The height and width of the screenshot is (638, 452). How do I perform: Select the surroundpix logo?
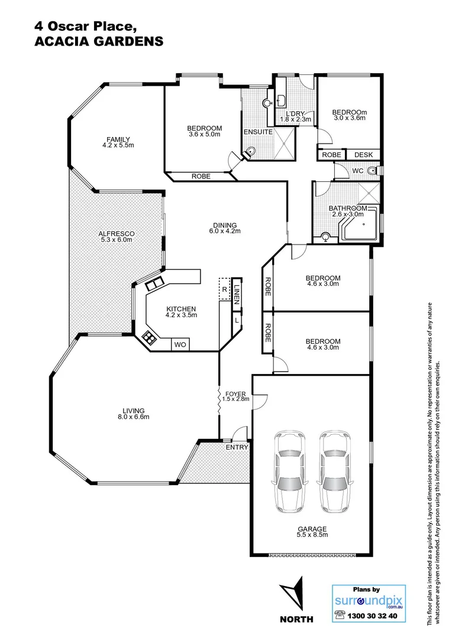point(361,601)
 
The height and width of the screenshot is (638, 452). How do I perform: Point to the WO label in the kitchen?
point(179,344)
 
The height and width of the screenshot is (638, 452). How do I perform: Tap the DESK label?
point(363,155)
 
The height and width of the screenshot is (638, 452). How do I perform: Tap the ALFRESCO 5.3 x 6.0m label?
point(117,237)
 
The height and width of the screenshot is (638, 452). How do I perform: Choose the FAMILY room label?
point(118,142)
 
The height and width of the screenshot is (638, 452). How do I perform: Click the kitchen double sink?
point(154,284)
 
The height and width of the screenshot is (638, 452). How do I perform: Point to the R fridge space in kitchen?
point(224,289)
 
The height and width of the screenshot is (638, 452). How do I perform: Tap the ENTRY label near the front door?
point(237,447)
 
